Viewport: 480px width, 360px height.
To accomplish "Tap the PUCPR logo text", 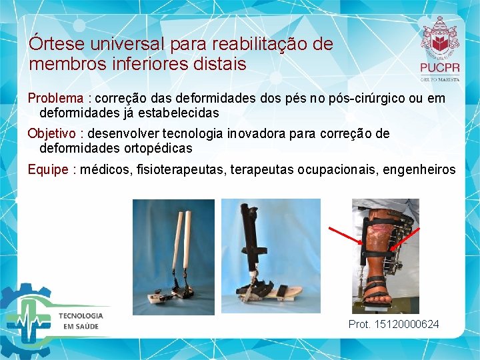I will click(439, 68).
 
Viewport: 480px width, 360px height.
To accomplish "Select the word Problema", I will click(55, 98).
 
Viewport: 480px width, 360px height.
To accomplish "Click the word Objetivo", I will click(52, 133).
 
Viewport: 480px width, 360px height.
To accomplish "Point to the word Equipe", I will click(48, 169).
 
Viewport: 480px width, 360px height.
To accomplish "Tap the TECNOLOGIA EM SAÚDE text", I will click(82, 320).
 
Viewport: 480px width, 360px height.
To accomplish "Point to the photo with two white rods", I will click(173, 257).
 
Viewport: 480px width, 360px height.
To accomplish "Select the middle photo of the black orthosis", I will click(270, 257).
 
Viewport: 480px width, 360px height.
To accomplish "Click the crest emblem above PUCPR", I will click(439, 36).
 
